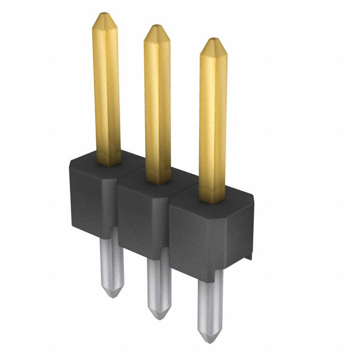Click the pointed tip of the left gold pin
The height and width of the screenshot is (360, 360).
coord(105,16)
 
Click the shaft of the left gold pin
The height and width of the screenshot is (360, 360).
coord(106,90)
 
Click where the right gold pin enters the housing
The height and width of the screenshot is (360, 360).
coord(213,200)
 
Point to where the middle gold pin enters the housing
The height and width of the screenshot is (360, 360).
coord(157,181)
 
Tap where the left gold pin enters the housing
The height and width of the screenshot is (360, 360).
coord(107,163)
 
